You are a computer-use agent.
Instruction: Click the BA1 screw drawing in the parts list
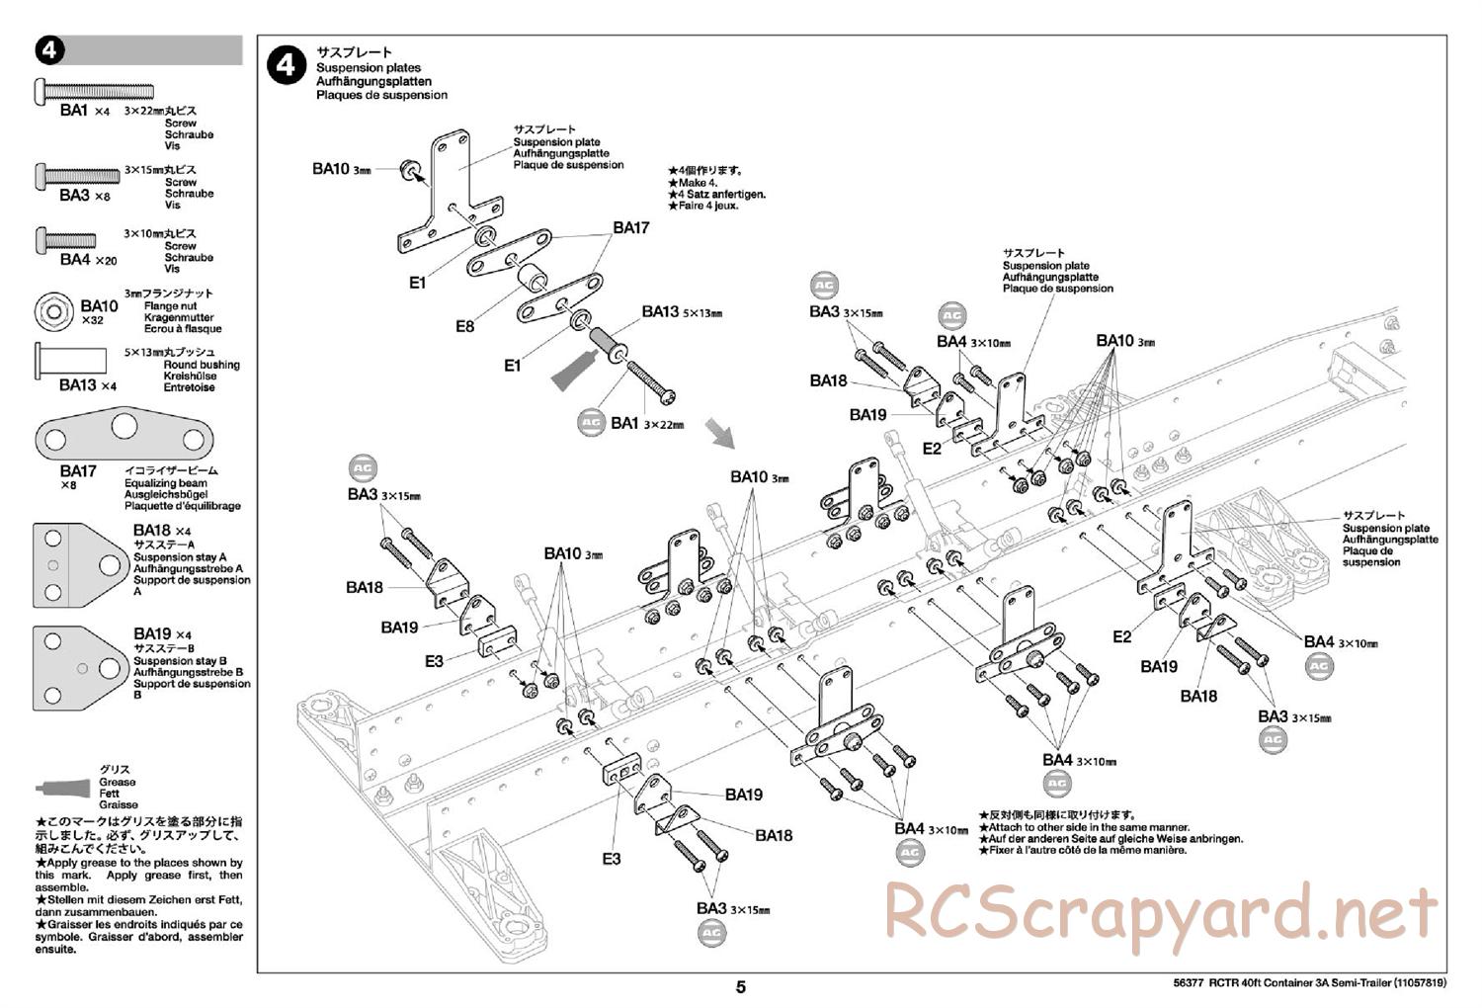click(x=95, y=91)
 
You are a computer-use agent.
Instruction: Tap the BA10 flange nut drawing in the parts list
click(x=54, y=311)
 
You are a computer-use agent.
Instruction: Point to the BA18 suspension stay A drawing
click(x=79, y=565)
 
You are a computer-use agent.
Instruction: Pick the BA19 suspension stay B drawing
click(x=79, y=668)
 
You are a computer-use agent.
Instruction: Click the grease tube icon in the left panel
click(x=65, y=788)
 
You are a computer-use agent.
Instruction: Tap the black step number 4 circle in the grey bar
click(x=50, y=51)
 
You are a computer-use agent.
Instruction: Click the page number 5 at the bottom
click(x=740, y=986)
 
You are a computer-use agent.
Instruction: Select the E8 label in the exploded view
click(x=464, y=325)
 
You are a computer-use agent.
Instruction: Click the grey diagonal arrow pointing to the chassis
click(x=720, y=433)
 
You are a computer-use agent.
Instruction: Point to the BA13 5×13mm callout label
click(x=682, y=312)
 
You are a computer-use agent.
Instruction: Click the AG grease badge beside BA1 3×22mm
click(x=591, y=422)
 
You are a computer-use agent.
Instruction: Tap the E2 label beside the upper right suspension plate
click(x=932, y=449)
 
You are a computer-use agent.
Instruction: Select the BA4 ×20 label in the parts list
click(x=88, y=260)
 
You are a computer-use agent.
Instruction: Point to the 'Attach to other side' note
click(x=1088, y=827)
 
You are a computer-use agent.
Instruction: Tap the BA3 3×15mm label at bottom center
click(x=732, y=909)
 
